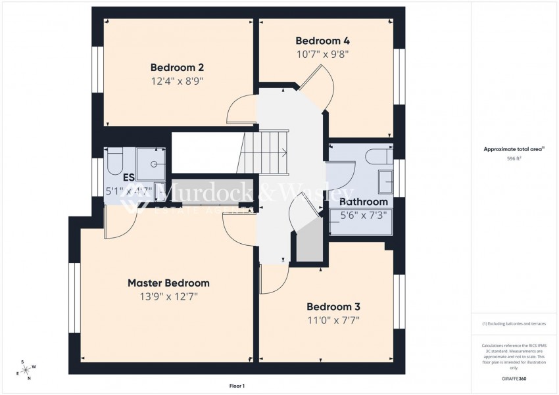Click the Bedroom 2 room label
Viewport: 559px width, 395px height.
tap(177, 67)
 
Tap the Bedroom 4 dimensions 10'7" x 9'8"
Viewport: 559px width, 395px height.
tap(322, 54)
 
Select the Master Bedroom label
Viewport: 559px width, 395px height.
tap(168, 283)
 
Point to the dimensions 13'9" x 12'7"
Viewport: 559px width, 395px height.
tap(168, 296)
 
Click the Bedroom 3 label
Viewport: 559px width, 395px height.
tap(333, 306)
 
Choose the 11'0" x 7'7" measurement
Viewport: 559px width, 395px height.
tap(333, 320)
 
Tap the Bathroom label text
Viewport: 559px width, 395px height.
tap(364, 201)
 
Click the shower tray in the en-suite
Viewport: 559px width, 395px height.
tap(151, 164)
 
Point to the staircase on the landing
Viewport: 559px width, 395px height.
tap(266, 153)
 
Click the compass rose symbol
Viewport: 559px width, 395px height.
tap(27, 369)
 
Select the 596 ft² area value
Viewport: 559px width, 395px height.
tap(514, 158)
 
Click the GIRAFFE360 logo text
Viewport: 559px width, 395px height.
tap(514, 379)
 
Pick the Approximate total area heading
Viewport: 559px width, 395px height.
tap(514, 149)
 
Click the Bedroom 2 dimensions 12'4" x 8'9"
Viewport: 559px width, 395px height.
tap(177, 81)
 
